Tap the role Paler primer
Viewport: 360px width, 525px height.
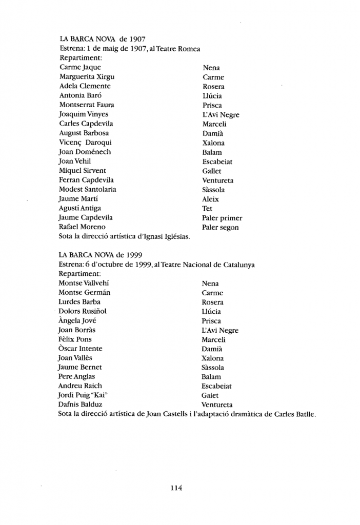click(x=222, y=218)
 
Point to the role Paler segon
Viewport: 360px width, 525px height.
click(x=221, y=227)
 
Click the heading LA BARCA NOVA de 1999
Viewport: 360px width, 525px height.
click(x=101, y=255)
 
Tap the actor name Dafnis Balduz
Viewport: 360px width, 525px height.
click(x=81, y=405)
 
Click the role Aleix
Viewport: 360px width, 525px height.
click(x=210, y=199)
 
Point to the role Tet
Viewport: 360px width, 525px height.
click(x=207, y=209)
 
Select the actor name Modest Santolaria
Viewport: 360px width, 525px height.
click(x=87, y=189)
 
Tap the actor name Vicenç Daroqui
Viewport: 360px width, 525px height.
click(x=85, y=143)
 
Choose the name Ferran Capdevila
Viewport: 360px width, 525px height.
click(x=86, y=180)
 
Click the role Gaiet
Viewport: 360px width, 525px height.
click(x=210, y=395)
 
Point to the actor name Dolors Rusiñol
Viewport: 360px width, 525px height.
click(x=83, y=311)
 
